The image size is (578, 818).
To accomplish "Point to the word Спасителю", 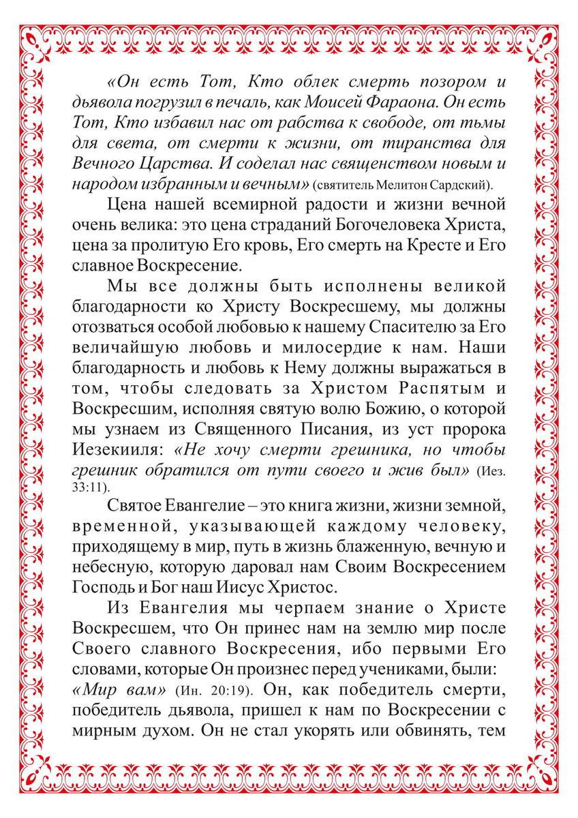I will point(404,327).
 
